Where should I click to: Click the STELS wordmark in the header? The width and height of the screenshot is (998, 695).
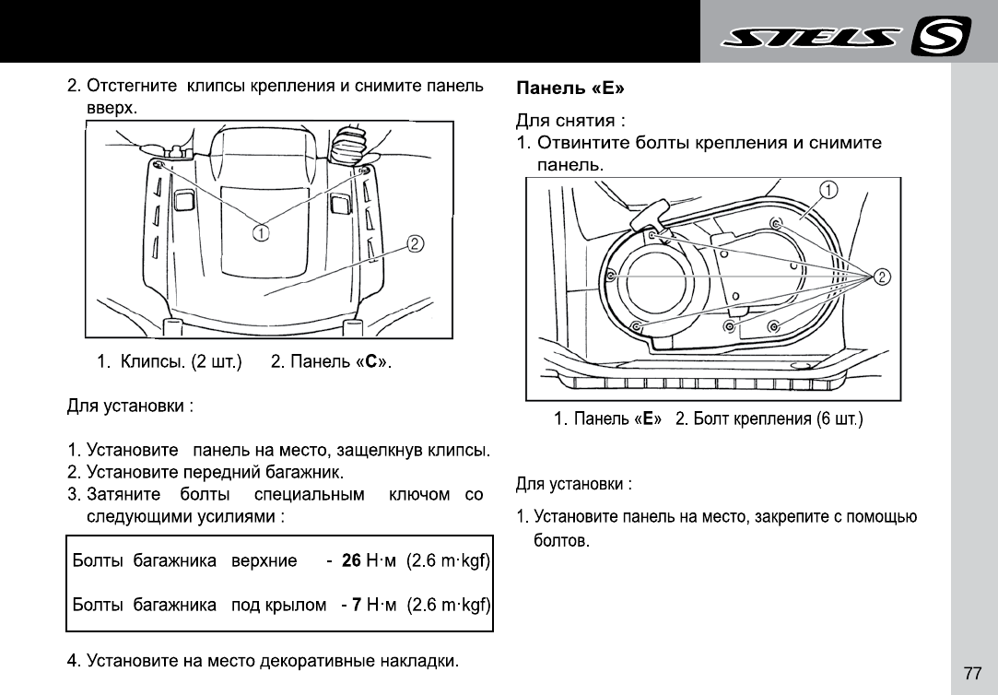[812, 38]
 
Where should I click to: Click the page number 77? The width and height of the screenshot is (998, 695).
[972, 673]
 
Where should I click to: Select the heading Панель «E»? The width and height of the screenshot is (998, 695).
[569, 89]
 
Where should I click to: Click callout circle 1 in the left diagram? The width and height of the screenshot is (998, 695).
[262, 233]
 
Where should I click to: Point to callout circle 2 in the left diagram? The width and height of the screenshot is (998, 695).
[416, 243]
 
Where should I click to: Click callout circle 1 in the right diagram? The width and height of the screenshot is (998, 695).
[828, 191]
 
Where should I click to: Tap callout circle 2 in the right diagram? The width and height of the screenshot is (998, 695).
[882, 277]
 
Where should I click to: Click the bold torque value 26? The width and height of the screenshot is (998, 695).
[350, 560]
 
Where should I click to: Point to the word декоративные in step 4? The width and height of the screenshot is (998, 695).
[319, 661]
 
